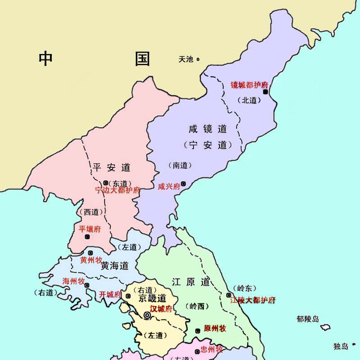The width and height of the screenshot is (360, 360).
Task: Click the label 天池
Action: [186, 59]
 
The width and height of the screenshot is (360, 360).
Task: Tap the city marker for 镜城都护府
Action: [265, 92]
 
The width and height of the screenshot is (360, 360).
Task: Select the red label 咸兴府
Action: [169, 186]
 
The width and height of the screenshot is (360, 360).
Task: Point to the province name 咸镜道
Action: [208, 129]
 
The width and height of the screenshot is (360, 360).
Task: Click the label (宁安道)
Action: [208, 145]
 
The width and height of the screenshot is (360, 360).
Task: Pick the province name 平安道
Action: [112, 167]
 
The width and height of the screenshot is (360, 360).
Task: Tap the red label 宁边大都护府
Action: [118, 190]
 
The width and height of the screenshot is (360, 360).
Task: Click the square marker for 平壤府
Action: [87, 237]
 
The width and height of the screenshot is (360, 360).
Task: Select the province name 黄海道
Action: [115, 265]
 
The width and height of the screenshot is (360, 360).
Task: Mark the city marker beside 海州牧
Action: [86, 285]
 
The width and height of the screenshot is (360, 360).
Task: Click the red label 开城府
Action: [110, 295]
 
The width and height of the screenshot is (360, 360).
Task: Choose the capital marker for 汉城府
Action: [147, 315]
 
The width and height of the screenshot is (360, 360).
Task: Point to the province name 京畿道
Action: [152, 298]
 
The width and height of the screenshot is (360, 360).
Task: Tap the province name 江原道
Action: [191, 282]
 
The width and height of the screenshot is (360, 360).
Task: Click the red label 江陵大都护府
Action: [252, 300]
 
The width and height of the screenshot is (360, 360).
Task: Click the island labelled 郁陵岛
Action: [325, 328]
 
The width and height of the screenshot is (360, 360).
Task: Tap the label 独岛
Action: [341, 346]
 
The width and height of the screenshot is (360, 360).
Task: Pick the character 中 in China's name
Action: [45, 58]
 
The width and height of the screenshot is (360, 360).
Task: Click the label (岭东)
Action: [242, 288]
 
